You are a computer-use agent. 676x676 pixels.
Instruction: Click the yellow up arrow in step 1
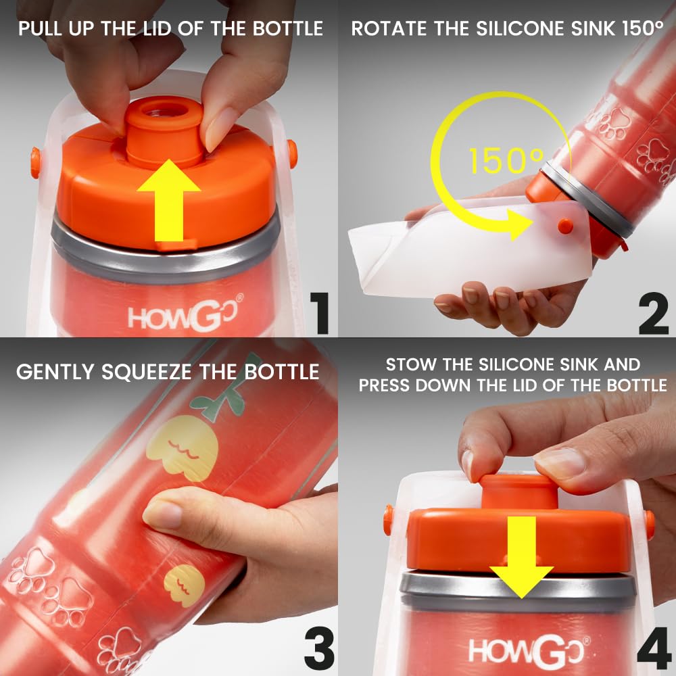tap(169, 203)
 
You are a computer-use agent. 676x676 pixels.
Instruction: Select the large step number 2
tap(654, 313)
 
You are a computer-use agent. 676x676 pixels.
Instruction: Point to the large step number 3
tap(319, 648)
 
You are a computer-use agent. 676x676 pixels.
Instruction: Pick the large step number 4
tap(654, 648)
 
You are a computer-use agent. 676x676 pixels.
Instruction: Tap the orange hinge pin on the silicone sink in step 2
tap(564, 226)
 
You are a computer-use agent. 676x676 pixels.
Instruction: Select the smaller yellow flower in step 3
tap(184, 585)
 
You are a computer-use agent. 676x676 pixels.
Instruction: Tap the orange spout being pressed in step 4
tap(519, 491)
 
